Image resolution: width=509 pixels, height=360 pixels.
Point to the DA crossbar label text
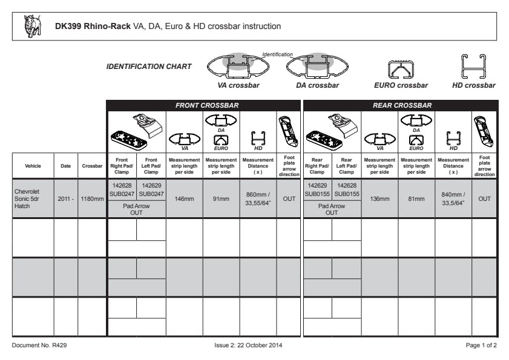tap(317, 85)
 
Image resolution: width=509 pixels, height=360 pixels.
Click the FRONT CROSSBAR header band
tap(203, 105)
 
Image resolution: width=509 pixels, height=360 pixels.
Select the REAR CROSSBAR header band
tap(399, 105)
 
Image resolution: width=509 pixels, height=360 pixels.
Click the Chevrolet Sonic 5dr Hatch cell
tap(33, 198)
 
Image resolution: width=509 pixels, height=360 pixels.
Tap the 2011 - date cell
tap(65, 198)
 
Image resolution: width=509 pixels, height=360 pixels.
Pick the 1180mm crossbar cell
tap(92, 198)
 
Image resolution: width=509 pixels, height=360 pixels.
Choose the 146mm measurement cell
tap(184, 198)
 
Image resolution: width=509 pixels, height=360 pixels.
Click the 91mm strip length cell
tap(221, 198)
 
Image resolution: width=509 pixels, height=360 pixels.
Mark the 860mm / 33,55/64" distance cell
tap(258, 198)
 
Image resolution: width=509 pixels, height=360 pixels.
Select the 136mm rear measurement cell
tap(379, 198)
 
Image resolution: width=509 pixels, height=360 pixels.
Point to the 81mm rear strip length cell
tap(416, 198)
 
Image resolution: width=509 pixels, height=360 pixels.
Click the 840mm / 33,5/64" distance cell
tap(453, 198)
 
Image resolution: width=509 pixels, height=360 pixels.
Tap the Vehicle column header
tap(33, 166)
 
